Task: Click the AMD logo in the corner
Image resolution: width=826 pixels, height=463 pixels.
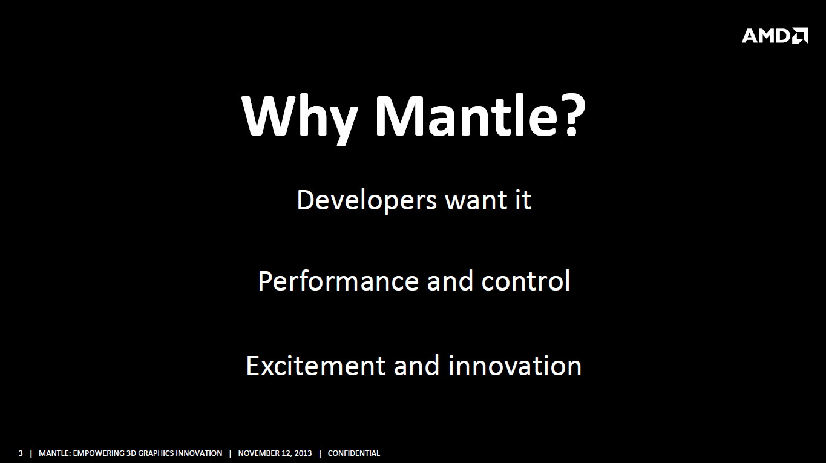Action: pos(775,36)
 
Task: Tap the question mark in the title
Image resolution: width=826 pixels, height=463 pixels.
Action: pos(575,115)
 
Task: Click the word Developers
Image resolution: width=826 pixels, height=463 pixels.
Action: pos(367,201)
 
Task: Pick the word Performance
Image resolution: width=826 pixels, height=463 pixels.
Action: pos(338,281)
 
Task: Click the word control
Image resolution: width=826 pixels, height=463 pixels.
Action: pos(525,281)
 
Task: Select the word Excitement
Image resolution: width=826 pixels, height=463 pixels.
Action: pos(316,366)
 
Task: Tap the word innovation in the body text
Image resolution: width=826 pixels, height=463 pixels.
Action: pos(515,366)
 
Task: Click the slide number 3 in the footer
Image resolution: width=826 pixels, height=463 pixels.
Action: pos(21,453)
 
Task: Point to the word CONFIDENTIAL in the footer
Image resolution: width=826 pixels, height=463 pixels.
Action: pos(353,453)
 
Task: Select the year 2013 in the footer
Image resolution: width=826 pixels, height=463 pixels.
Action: pos(303,453)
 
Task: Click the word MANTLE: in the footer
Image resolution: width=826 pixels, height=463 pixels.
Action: pos(55,453)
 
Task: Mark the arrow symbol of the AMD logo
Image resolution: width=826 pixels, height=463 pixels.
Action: pos(800,36)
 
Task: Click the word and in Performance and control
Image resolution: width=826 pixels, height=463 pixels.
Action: pos(450,281)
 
